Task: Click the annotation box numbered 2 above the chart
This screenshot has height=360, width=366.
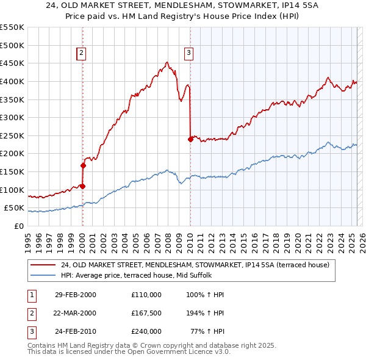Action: [81, 54]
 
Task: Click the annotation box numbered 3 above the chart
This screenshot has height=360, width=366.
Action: [189, 54]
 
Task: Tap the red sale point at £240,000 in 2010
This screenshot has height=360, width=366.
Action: [190, 139]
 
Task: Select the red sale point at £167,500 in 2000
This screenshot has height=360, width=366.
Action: [83, 165]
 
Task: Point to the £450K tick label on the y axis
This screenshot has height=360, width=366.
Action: [12, 63]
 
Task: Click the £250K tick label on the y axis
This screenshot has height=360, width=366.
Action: [12, 135]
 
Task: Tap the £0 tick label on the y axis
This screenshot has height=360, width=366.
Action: [18, 226]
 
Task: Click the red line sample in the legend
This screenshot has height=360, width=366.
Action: [43, 265]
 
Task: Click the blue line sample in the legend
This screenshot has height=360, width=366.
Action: [43, 275]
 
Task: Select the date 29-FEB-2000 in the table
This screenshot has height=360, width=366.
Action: [76, 295]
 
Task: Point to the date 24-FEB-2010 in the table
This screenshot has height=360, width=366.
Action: [76, 332]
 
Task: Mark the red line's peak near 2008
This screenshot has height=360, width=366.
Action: [167, 62]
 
